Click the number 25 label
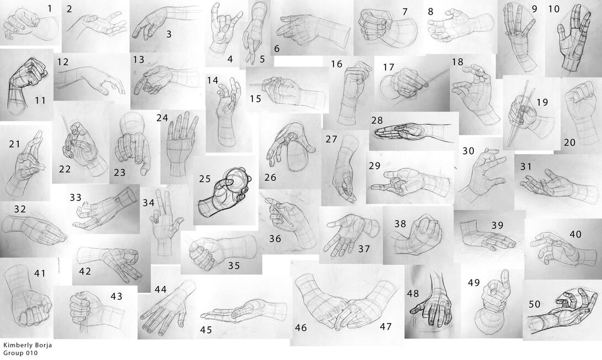205,179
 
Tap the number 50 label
535,304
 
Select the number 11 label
40,100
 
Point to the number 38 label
400,224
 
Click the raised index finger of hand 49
505,279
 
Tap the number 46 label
300,328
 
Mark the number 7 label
405,12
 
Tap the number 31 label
526,167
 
